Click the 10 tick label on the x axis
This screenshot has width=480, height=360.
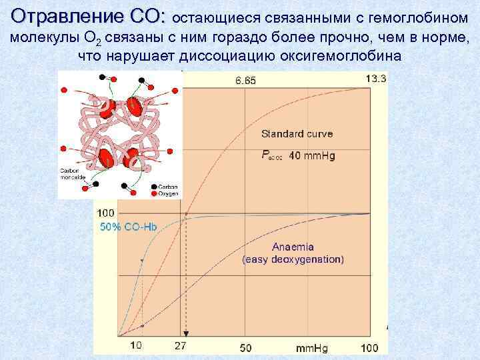[x=135, y=347]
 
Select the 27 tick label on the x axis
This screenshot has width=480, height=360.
[x=181, y=347]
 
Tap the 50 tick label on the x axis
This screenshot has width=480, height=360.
[x=245, y=347]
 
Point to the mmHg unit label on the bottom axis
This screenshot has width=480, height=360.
[x=310, y=347]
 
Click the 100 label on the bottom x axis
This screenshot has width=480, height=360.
[x=369, y=347]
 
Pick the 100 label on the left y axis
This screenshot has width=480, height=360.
[x=105, y=213]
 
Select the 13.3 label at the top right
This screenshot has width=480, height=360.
[x=376, y=79]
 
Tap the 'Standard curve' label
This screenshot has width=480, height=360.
[x=297, y=134]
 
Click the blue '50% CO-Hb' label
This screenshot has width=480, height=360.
[x=128, y=227]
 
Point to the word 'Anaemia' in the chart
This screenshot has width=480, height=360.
[x=293, y=247]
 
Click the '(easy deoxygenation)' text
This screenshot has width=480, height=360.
[x=293, y=259]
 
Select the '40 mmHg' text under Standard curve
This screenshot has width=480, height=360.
[x=313, y=156]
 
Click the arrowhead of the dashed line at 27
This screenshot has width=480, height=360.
[x=186, y=333]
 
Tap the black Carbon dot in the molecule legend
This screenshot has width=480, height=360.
[x=155, y=187]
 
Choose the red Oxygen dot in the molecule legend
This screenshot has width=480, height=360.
[x=155, y=194]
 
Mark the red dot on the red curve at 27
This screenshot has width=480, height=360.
[x=187, y=215]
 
